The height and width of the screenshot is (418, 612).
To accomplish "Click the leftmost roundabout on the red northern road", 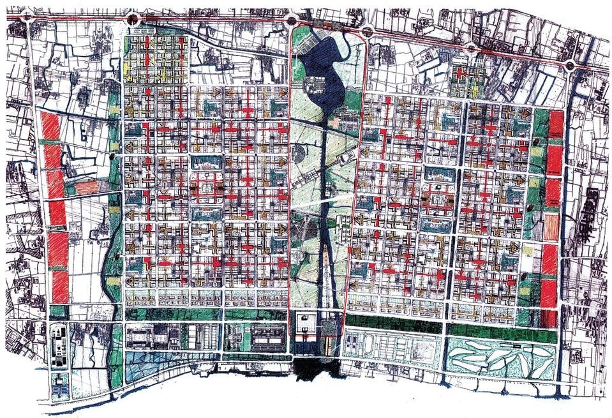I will point(27,19).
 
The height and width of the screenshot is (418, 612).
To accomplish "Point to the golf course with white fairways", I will point(499,359).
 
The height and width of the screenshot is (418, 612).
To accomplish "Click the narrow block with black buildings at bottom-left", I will point(59,348).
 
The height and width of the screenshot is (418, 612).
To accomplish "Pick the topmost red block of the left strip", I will point(50,125).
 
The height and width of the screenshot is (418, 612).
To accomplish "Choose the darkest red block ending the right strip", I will point(548,318).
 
